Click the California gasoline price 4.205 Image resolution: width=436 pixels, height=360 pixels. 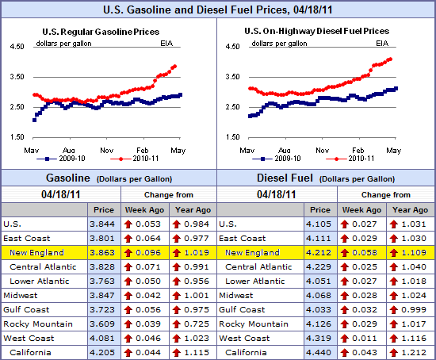(x=102, y=352)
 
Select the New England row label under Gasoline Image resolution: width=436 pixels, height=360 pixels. (x=37, y=252)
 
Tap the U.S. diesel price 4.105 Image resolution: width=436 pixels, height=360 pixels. (x=319, y=224)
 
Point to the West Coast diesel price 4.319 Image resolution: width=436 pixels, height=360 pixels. (x=319, y=338)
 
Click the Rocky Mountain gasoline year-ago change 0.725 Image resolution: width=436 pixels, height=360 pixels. (x=193, y=324)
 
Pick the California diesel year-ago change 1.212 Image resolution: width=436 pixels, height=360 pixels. (x=411, y=352)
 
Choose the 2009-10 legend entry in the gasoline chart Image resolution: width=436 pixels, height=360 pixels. (x=57, y=159)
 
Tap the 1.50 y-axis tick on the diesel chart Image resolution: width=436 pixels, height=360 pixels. (x=233, y=137)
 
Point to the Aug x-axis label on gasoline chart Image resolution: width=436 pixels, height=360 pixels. (x=70, y=149)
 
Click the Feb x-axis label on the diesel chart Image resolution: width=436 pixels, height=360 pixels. (x=358, y=149)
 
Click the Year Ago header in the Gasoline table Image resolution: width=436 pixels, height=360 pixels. (x=193, y=209)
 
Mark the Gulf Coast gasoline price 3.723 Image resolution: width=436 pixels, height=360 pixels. (x=102, y=309)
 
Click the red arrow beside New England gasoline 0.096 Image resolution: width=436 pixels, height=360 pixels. (x=127, y=252)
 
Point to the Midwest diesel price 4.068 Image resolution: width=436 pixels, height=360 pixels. (x=319, y=295)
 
